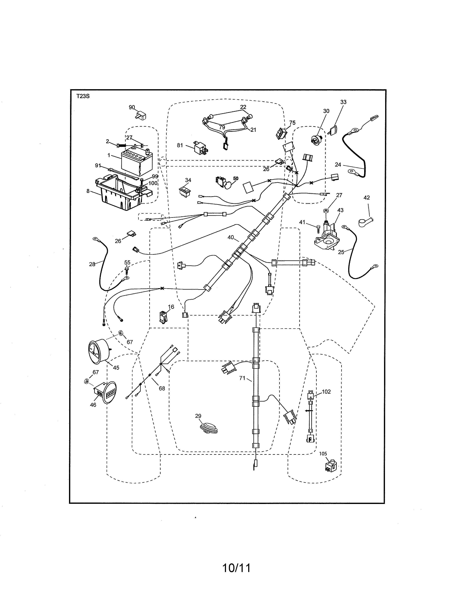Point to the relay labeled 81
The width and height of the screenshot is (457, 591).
click(x=201, y=149)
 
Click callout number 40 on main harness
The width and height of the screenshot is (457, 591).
click(x=231, y=237)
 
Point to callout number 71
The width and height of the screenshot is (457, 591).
click(x=242, y=378)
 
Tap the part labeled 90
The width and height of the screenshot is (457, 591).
click(x=140, y=116)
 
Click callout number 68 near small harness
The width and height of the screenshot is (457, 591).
click(x=162, y=388)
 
